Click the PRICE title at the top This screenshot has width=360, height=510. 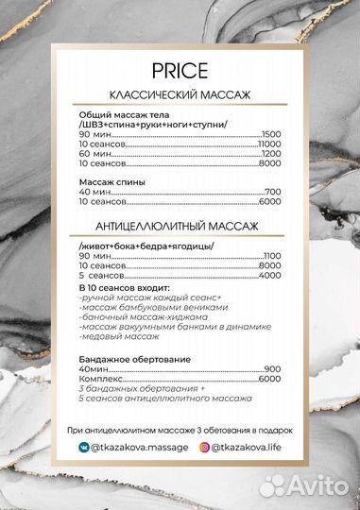[179, 72]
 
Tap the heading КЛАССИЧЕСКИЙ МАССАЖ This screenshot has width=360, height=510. [179, 95]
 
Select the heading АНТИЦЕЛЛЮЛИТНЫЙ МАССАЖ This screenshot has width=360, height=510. [179, 227]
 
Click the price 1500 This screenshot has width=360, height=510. [272, 132]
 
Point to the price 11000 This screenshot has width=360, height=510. [270, 143]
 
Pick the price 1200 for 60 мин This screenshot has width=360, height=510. [272, 153]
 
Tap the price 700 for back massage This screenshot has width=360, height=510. [274, 192]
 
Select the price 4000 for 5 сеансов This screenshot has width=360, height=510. [270, 276]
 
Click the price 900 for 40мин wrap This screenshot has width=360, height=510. [273, 368]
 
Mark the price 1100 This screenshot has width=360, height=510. [272, 256]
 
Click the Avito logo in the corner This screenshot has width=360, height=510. [308, 486]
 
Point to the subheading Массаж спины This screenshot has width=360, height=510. [111, 181]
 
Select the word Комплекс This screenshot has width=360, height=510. [101, 379]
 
